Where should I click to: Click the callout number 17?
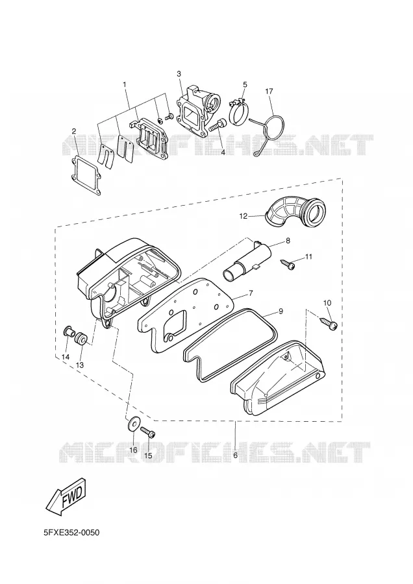click(269, 91)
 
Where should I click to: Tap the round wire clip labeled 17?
click(277, 117)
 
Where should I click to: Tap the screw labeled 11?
click(288, 264)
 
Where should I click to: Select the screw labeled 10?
click(329, 322)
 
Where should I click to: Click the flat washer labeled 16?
click(132, 424)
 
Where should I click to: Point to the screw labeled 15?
click(147, 432)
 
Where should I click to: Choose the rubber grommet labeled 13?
click(81, 338)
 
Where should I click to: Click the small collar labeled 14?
click(69, 331)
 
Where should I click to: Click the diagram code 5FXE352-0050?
click(71, 533)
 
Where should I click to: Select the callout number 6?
click(236, 455)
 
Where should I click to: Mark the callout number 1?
click(125, 85)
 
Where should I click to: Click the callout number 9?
click(281, 311)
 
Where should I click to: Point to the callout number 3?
click(179, 74)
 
